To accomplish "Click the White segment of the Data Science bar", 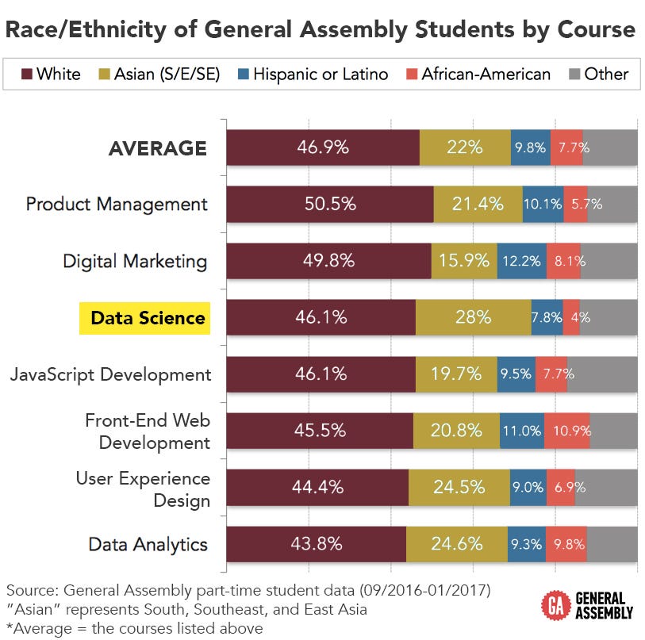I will point(321,318).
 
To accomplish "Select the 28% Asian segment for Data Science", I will point(473,318).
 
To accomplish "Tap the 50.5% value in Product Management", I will point(330,204).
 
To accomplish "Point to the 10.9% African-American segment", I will point(567,431).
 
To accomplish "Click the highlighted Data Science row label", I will point(148,318).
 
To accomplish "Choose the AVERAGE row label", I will point(158,148).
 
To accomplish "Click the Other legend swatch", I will point(574,75).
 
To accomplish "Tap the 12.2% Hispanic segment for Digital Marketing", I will point(522,261).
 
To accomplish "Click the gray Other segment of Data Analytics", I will point(612,544).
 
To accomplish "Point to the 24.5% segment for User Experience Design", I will point(459,488).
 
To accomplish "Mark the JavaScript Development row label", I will point(111,374).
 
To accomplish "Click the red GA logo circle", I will point(553,606).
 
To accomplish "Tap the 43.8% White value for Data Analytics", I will point(317,544).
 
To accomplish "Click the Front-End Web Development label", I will point(148,431).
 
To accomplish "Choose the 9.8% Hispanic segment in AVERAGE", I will point(531,148).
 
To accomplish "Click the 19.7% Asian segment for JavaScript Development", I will point(456,374).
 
